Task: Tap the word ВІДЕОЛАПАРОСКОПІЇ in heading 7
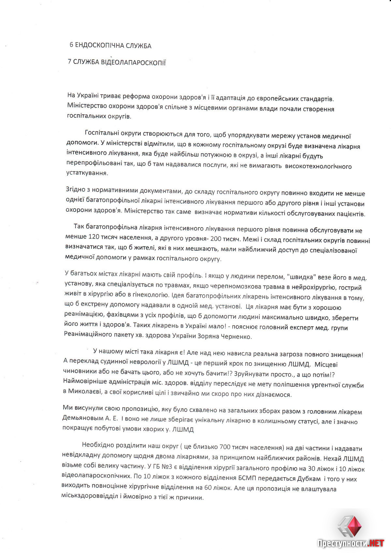[x=138, y=63]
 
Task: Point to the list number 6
[x=71, y=45]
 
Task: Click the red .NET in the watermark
[x=375, y=543]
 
